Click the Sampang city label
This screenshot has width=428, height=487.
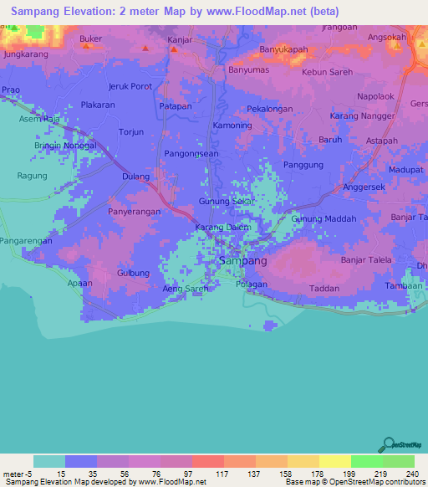point(242,261)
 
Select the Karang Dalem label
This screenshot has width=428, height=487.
point(223,228)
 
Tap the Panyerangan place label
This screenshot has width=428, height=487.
point(134,213)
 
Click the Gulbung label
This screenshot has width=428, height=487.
point(133,273)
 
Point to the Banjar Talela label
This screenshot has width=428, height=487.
point(366,260)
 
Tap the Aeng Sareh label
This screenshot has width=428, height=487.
point(185,288)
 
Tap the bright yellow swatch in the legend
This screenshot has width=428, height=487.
point(334,461)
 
